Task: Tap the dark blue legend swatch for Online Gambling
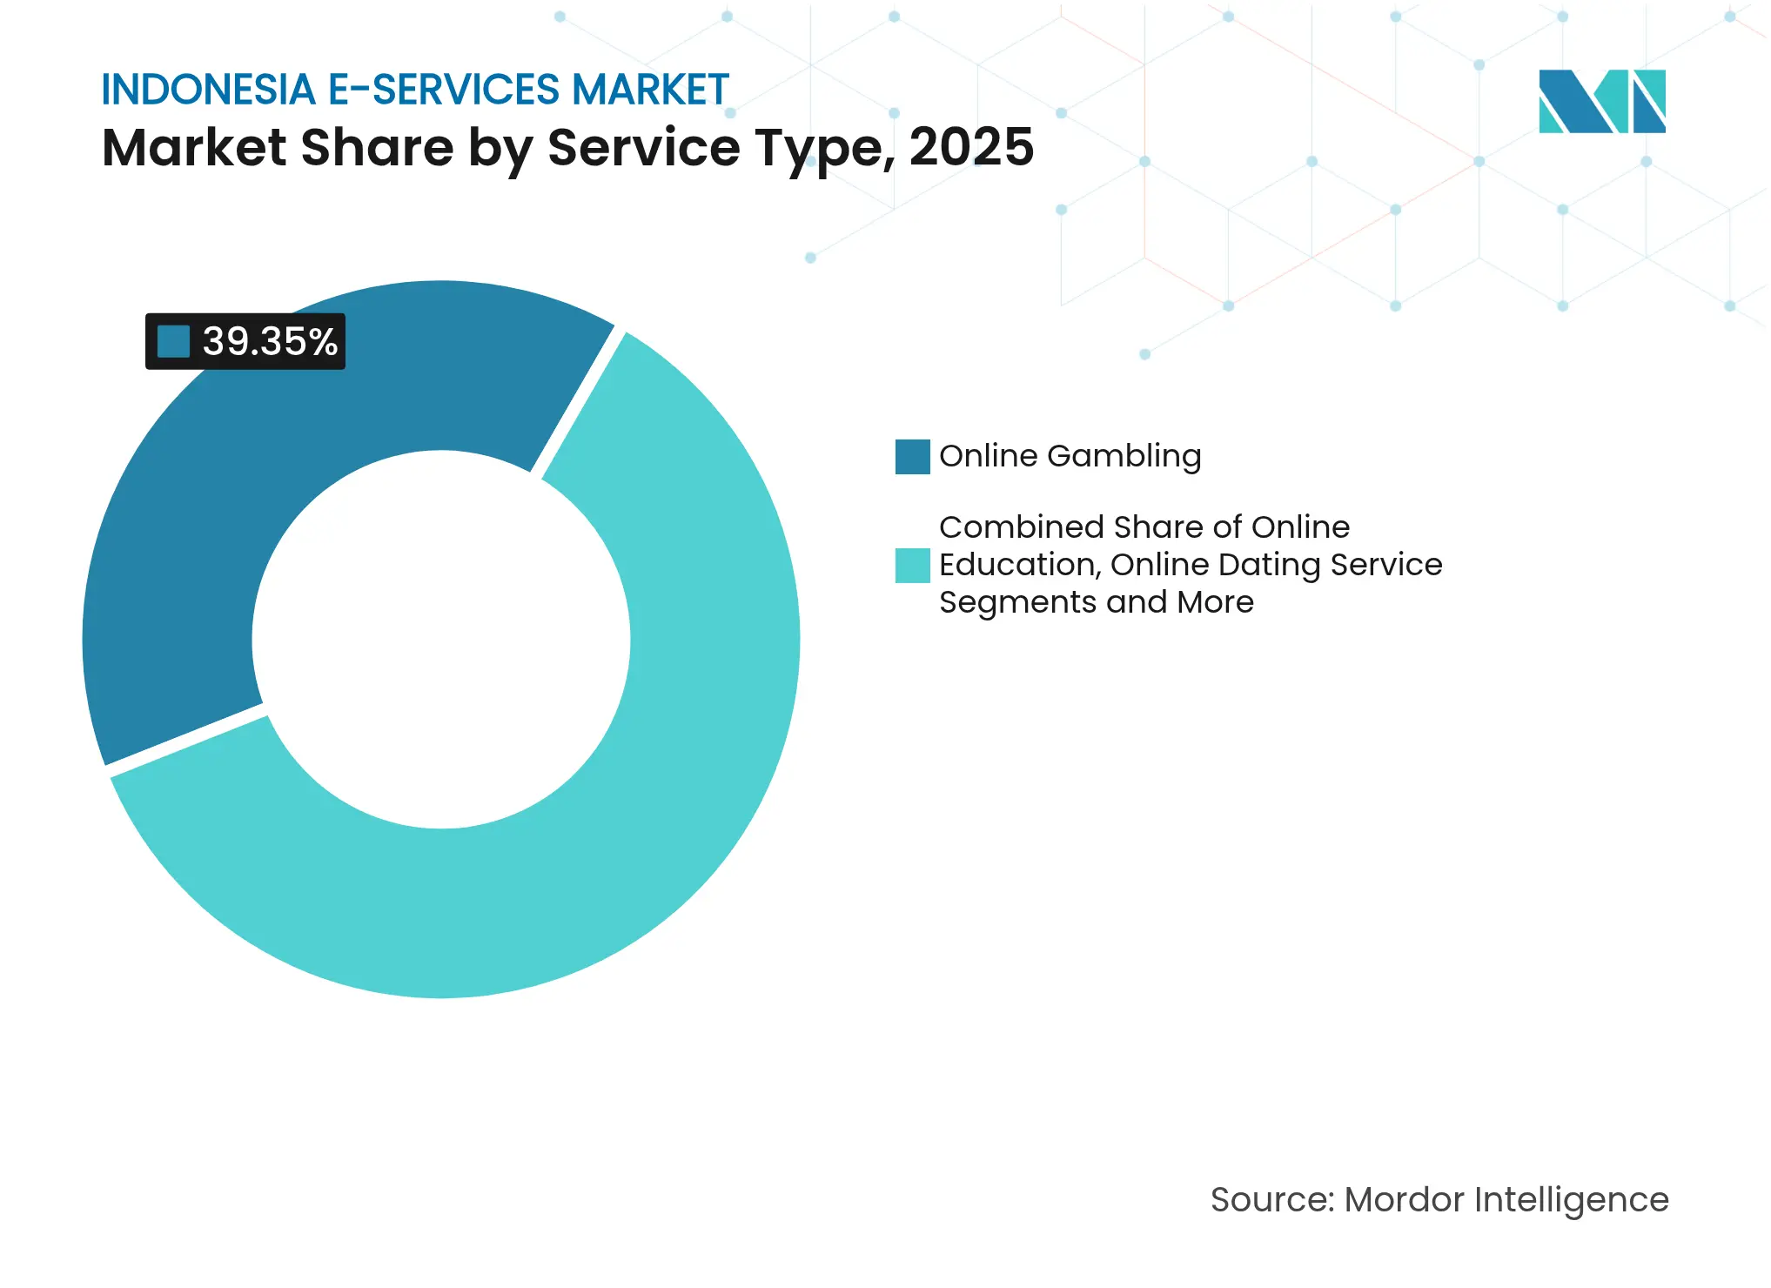pyautogui.click(x=912, y=457)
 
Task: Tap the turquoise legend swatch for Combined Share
pyautogui.click(x=912, y=566)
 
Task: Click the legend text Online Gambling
pyautogui.click(x=1070, y=456)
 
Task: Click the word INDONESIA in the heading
pyautogui.click(x=208, y=91)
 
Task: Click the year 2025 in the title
pyautogui.click(x=971, y=147)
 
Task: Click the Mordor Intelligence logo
pyautogui.click(x=1601, y=101)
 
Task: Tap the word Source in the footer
pyautogui.click(x=1271, y=1200)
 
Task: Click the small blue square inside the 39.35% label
pyautogui.click(x=173, y=341)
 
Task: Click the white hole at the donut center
pyautogui.click(x=441, y=640)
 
